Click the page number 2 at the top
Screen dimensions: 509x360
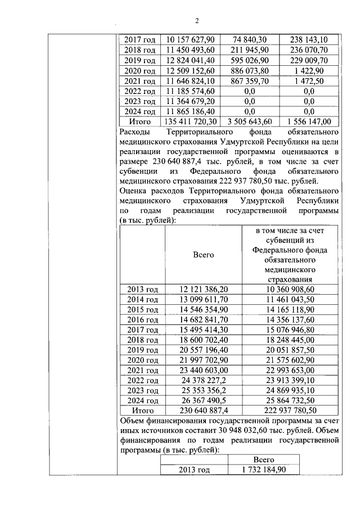197,21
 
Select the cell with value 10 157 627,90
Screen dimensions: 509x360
191,39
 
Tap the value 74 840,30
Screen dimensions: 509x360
250,39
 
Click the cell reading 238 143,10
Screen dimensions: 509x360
309,39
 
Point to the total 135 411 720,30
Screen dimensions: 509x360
191,121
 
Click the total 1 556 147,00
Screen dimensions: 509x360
309,121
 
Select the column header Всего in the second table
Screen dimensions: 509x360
203,255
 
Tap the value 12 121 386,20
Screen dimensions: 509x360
203,289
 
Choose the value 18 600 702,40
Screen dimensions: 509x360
203,340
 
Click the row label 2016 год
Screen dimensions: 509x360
142,320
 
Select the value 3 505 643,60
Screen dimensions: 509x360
250,121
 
